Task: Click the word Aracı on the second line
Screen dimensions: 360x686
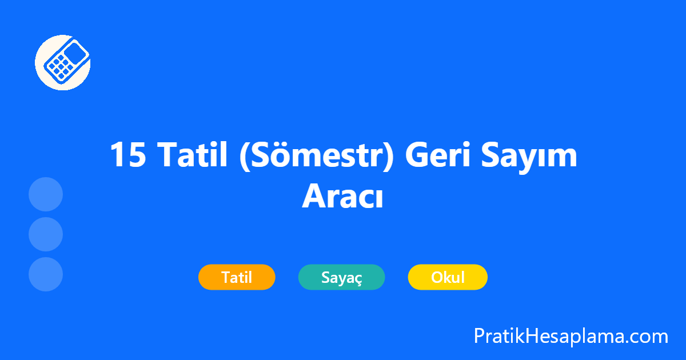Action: click(342, 196)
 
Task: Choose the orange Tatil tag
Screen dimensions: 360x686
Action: click(237, 278)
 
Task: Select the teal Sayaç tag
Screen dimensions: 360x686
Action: click(341, 278)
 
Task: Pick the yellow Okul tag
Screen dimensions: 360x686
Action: click(448, 278)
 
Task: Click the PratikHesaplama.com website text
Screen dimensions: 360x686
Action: click(571, 336)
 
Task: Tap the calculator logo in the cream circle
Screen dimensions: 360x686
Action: click(63, 62)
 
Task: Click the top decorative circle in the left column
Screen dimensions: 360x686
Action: click(46, 194)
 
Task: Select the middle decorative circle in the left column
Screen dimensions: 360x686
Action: click(46, 234)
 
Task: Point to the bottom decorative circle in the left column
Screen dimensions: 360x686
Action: click(46, 274)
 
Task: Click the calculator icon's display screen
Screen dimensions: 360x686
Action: click(75, 54)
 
